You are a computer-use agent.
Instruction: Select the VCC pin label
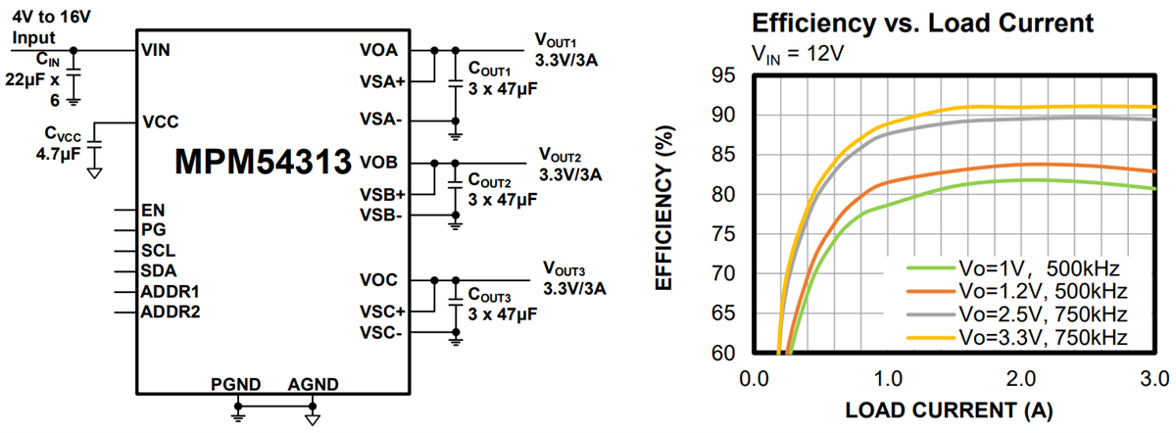[160, 123]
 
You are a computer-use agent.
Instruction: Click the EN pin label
[153, 210]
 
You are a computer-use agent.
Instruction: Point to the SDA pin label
[159, 270]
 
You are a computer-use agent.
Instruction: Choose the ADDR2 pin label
[171, 312]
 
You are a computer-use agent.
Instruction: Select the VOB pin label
[378, 163]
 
